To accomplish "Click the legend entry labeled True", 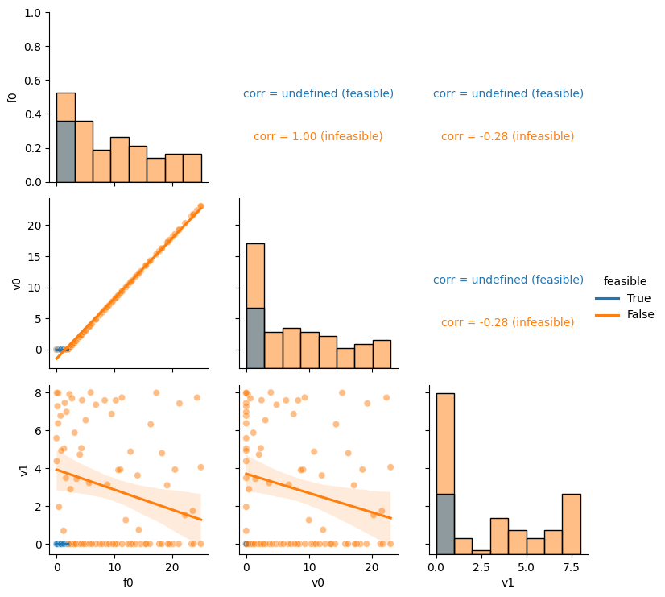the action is pos(622,298).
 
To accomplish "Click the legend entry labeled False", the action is pos(624,314).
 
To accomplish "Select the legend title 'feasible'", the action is pos(625,281).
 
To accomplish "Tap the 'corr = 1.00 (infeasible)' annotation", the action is pos(318,136).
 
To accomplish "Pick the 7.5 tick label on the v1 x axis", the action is pos(572,568).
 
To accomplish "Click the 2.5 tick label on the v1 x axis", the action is pos(481,568).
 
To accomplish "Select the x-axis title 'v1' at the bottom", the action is pos(508,583).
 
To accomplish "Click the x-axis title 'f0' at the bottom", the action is pos(128,583).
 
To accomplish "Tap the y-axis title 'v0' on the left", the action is pos(16,284).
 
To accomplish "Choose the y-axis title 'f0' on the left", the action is pos(12,97).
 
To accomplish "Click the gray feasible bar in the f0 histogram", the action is pos(66,152).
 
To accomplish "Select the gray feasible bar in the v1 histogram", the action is pos(445,524).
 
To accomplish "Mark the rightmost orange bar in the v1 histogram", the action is pos(572,524).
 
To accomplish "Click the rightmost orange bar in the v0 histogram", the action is pos(382,354).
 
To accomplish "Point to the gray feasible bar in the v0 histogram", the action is pos(255,338).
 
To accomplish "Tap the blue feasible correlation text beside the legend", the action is pos(508,280).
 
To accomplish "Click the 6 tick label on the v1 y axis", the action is pos(39,431).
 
